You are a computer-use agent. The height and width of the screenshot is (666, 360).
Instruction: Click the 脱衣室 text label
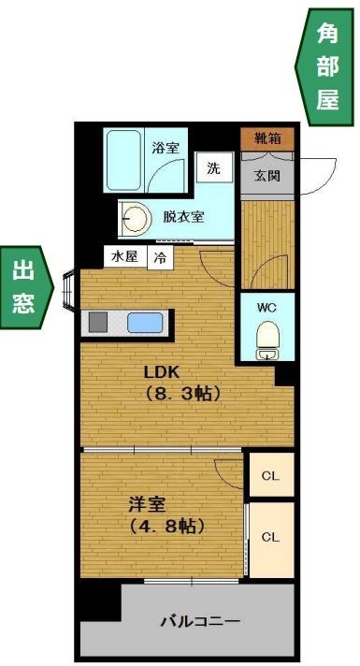pos(183,217)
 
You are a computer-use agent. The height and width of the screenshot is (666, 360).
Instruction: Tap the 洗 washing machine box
pos(214,170)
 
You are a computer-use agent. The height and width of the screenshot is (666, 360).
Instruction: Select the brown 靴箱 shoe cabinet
pos(267,138)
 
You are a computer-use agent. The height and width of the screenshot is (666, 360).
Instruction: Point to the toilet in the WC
pos(267,338)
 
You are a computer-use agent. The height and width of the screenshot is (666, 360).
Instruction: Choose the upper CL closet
pos(270,476)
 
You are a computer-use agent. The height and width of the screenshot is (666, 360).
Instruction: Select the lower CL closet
pos(270,538)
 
